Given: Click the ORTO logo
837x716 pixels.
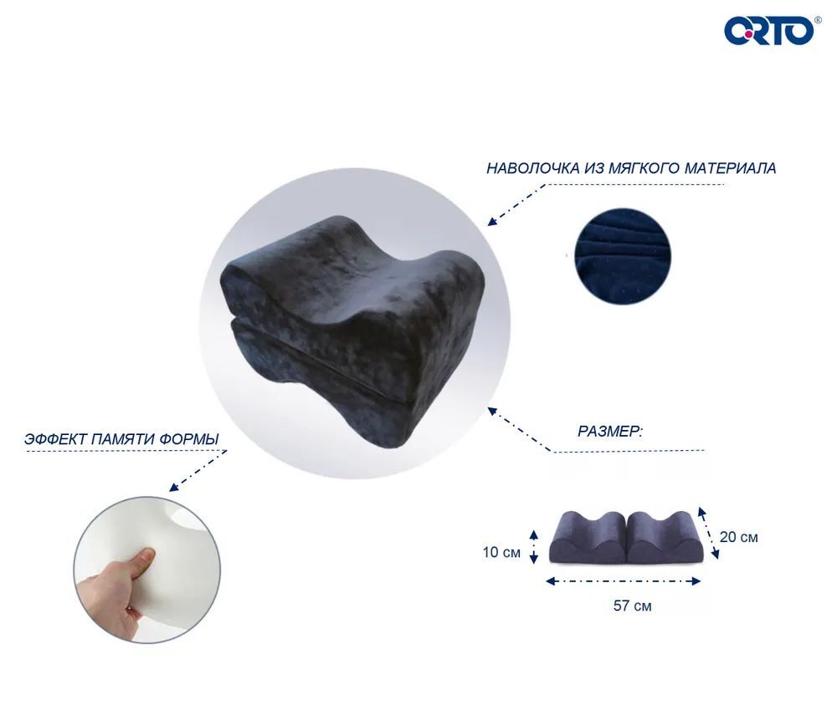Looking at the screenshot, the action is coord(769,31).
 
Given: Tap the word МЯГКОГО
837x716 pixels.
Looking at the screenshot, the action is coord(645,169).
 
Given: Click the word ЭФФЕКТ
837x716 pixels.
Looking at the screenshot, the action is coord(55,439).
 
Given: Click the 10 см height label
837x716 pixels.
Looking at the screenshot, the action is coord(501,552).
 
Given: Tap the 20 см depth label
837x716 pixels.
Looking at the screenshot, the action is coord(739,537).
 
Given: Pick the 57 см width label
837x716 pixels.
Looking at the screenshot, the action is coord(632,606).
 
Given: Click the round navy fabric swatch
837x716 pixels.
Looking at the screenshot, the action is coord(623,257).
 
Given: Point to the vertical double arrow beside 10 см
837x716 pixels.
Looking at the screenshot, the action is coord(533,547).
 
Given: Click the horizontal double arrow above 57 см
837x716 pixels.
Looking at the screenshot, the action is coord(623,581).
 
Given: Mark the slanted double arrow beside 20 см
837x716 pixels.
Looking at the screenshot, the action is coord(708,533).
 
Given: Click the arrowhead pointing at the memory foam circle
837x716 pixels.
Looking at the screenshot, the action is coord(173,487).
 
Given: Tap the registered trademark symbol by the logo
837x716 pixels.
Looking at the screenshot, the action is coord(817,20).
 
